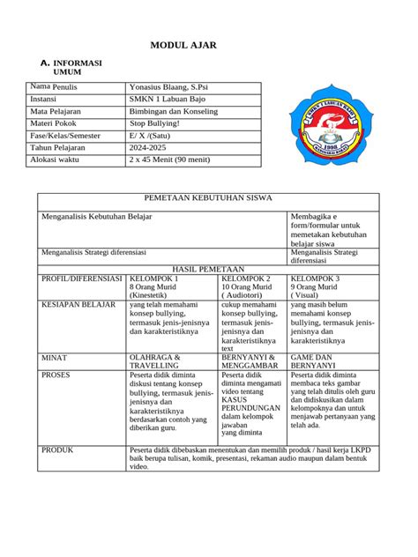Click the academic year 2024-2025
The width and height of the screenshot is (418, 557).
tap(154, 149)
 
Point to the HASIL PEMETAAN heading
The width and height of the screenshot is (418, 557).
tap(208, 268)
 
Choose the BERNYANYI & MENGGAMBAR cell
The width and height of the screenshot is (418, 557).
tap(250, 362)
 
